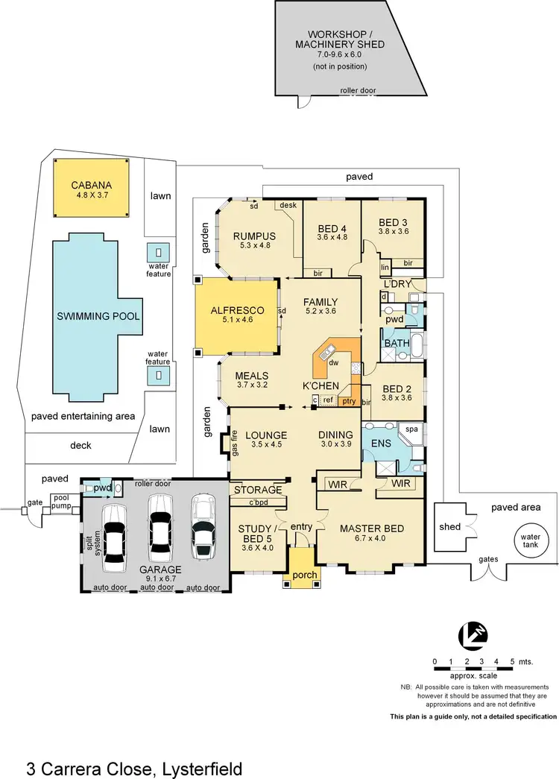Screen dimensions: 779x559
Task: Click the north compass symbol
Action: point(473,634)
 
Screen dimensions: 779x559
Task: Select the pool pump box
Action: point(61,503)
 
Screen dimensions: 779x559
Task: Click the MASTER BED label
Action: point(371,529)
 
